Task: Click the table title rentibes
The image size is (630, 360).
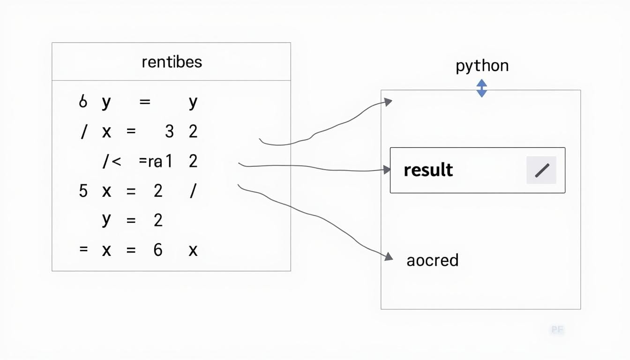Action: tap(172, 62)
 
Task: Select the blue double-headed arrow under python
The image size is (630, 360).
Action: tap(481, 88)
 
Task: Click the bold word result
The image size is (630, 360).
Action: tap(428, 170)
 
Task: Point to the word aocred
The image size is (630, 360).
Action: tap(432, 260)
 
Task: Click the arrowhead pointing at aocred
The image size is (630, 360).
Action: tap(388, 256)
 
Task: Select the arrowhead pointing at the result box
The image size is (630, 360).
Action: tap(387, 170)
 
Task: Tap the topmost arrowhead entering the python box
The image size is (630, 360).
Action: tap(388, 102)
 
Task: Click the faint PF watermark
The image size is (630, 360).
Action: tap(557, 330)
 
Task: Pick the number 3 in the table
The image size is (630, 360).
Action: tap(169, 132)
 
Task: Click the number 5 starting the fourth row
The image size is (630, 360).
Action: tap(83, 191)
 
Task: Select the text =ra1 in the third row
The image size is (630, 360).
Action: tap(156, 162)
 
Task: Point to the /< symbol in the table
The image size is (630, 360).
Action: tap(112, 162)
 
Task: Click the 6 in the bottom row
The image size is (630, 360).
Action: tap(158, 250)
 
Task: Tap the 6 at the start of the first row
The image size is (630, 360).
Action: tap(83, 102)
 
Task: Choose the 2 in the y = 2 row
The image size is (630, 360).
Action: tap(158, 220)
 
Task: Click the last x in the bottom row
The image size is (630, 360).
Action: tap(193, 250)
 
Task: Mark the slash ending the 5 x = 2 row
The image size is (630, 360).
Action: tap(192, 191)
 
